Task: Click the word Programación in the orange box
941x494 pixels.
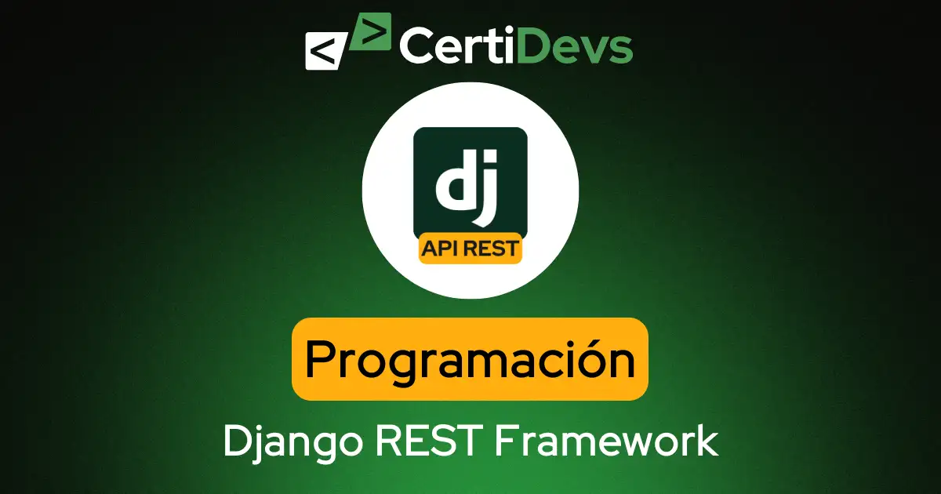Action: tap(470, 360)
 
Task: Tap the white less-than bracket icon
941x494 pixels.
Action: tap(323, 52)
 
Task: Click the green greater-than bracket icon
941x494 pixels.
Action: tap(371, 32)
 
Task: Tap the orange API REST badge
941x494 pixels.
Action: tap(470, 249)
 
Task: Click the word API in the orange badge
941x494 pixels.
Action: tap(440, 249)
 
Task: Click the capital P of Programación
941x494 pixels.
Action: tap(321, 360)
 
